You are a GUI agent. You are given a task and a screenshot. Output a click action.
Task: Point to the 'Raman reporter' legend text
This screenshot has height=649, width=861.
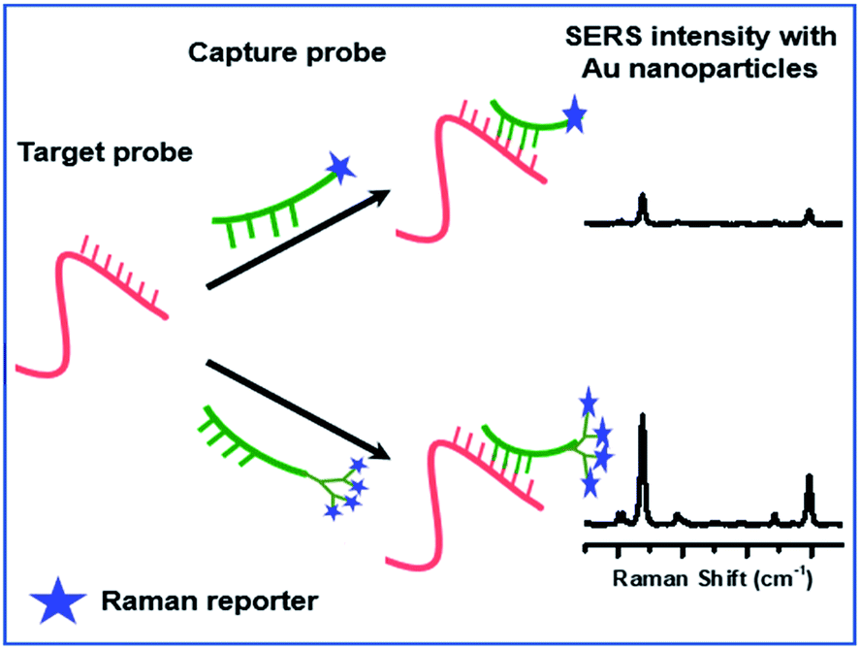point(209,600)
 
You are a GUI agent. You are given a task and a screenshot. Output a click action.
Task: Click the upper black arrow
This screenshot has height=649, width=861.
point(298,239)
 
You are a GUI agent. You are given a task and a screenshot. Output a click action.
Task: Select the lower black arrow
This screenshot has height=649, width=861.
point(298,408)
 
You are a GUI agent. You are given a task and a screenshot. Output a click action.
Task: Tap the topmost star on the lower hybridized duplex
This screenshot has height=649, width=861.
point(588,400)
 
